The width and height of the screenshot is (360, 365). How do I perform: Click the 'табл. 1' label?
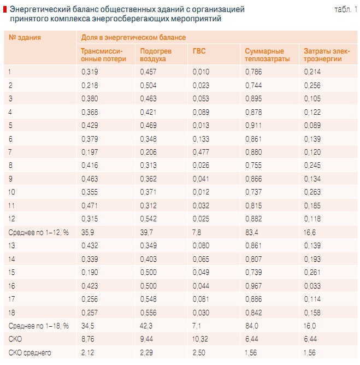(x=345, y=10)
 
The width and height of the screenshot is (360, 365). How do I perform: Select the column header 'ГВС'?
(x=199, y=51)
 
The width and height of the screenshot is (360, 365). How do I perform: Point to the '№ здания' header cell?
(x=25, y=38)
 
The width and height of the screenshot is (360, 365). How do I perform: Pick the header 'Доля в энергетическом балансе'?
(x=133, y=38)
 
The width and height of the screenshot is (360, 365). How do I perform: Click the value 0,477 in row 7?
(x=201, y=151)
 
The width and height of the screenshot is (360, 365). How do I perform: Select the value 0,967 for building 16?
(x=253, y=285)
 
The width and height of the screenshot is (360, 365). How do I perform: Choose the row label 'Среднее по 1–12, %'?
(x=39, y=232)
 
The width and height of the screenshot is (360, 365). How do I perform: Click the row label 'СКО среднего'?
(x=29, y=352)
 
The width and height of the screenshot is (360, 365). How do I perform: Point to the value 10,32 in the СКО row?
(x=200, y=339)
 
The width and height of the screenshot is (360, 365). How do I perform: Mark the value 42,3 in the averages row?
(x=146, y=326)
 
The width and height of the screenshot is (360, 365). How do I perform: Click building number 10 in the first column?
(x=13, y=192)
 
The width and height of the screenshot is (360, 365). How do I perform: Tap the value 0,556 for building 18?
(x=148, y=312)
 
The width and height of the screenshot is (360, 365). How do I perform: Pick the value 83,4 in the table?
(x=252, y=232)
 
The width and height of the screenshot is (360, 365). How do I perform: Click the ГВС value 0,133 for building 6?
(x=201, y=138)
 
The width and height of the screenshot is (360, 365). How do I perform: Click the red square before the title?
(x=5, y=10)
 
